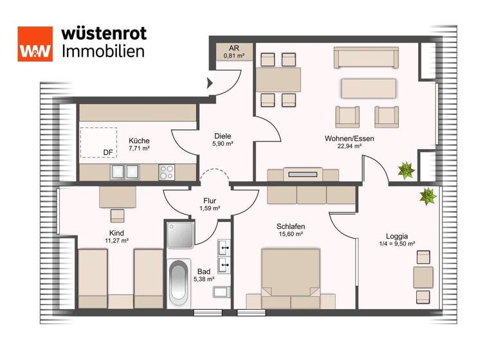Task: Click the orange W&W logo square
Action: pyautogui.click(x=35, y=44)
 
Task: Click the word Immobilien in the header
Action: pyautogui.click(x=103, y=51)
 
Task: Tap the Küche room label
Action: pyautogui.click(x=139, y=141)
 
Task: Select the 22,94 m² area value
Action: pyautogui.click(x=350, y=147)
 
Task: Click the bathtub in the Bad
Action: pyautogui.click(x=179, y=283)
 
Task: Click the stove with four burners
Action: pyautogui.click(x=167, y=171)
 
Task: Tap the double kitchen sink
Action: pyautogui.click(x=125, y=171)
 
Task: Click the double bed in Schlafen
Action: pyautogui.click(x=291, y=274)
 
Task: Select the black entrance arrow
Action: pyautogui.click(x=209, y=82)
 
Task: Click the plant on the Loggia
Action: pyautogui.click(x=428, y=195)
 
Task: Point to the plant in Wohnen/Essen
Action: pyautogui.click(x=405, y=170)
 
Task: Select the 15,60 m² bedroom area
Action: pyautogui.click(x=291, y=235)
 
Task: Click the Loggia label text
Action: pyautogui.click(x=397, y=235)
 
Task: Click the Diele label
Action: pyautogui.click(x=223, y=136)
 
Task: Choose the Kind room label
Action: pyautogui.click(x=116, y=233)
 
